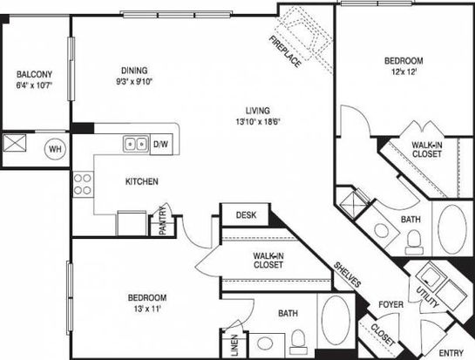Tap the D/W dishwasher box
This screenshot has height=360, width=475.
click(161, 144)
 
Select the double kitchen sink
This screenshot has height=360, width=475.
click(136, 143)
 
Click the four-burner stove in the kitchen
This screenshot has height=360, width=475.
click(83, 185)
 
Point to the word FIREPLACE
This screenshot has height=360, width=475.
click(285, 51)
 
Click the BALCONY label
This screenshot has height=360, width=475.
click(34, 74)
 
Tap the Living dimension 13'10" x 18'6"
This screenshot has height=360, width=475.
click(258, 121)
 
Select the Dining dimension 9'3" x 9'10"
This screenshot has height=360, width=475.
click(134, 81)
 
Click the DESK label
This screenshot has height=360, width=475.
click(246, 215)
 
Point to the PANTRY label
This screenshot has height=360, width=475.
click(163, 220)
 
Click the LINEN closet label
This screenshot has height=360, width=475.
click(234, 345)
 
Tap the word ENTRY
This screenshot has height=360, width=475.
click(451, 353)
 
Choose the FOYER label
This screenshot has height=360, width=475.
click(391, 304)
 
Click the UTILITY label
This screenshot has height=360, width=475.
click(427, 296)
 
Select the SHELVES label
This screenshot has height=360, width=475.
click(348, 275)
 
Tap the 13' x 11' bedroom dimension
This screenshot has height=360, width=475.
click(147, 309)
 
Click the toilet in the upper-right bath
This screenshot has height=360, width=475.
click(414, 242)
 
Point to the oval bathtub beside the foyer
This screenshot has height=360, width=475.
click(336, 320)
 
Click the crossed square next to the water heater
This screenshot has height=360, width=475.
click(15, 143)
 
